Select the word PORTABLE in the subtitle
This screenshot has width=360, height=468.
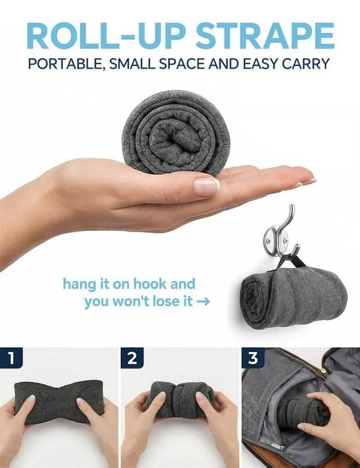(x=66, y=64)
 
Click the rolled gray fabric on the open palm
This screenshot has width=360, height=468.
(x=175, y=133)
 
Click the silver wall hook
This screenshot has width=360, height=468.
(x=281, y=236)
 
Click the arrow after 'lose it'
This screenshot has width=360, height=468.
(x=203, y=301)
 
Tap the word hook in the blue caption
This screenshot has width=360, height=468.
(x=150, y=284)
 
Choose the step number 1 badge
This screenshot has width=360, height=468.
(x=12, y=358)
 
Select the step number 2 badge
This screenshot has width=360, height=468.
(x=132, y=358)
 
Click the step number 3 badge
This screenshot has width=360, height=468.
(x=253, y=358)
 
